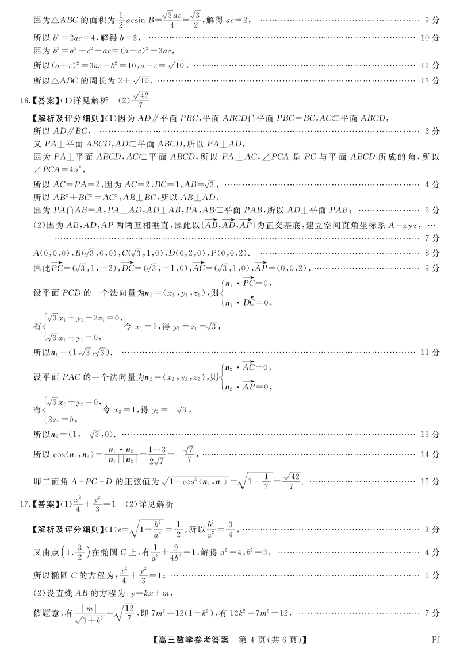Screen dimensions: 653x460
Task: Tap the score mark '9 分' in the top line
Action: click(x=432, y=21)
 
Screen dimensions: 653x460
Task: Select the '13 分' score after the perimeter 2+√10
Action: click(x=430, y=81)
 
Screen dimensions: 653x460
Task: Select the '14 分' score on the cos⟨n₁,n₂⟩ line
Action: click(x=430, y=455)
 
